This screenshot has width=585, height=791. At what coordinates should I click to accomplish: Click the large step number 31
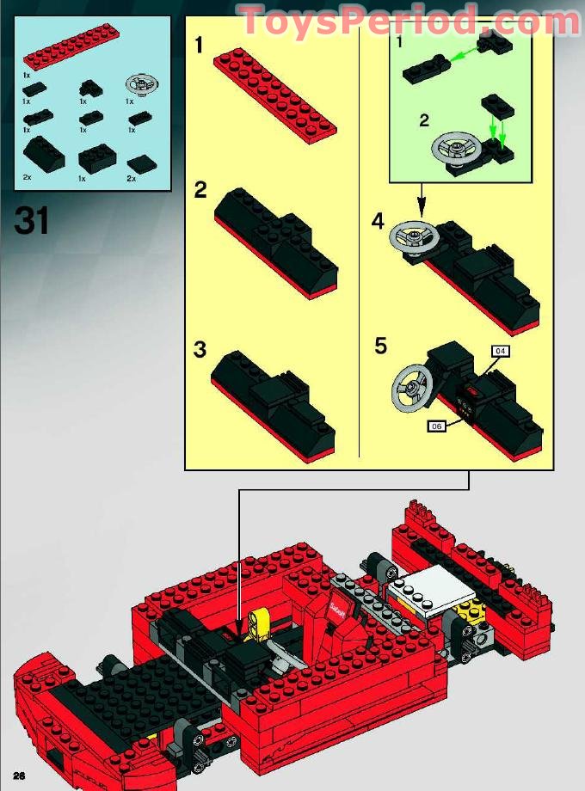click(32, 223)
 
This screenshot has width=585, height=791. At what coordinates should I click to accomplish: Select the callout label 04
click(500, 350)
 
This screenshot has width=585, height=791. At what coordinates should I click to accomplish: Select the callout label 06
click(436, 425)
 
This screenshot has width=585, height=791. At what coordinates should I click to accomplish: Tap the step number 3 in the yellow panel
click(200, 350)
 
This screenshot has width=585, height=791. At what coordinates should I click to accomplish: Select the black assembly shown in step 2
click(274, 243)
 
